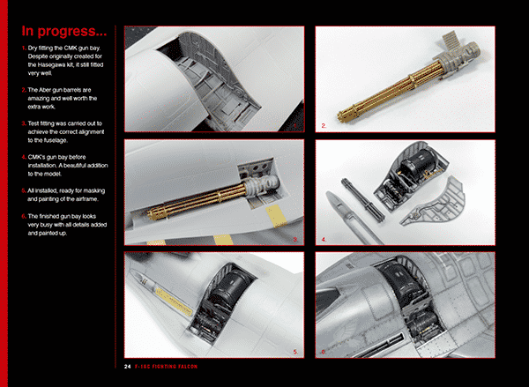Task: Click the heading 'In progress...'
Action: click(x=64, y=31)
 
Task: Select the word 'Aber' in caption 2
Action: click(x=45, y=90)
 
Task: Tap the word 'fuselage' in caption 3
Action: click(x=56, y=140)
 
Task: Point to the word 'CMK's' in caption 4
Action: click(x=36, y=157)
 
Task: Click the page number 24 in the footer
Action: click(x=127, y=367)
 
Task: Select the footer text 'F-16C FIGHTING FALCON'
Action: click(x=166, y=367)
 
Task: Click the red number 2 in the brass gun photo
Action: click(x=324, y=126)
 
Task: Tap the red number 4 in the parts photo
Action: click(x=324, y=240)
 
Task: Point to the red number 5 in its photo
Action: click(x=295, y=353)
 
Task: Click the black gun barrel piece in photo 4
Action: click(x=362, y=199)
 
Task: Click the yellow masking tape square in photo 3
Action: click(x=276, y=216)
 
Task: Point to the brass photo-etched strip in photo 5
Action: click(x=175, y=302)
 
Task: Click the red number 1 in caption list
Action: click(x=24, y=48)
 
